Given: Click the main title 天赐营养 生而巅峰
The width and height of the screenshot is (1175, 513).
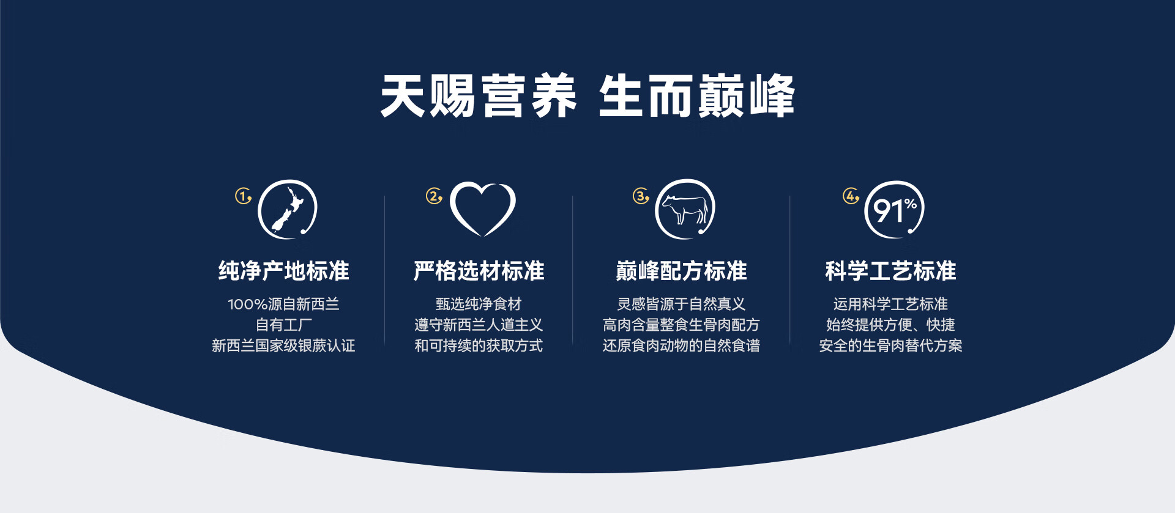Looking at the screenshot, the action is tap(587, 96).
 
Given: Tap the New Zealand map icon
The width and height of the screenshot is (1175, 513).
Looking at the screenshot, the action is tap(287, 209).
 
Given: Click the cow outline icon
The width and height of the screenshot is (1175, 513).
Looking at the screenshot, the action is tap(685, 209).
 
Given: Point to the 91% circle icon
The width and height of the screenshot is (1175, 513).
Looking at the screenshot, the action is tap(894, 210).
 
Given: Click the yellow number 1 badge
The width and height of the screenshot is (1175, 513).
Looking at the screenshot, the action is tap(244, 196).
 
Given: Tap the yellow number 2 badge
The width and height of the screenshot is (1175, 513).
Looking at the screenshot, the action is tap(434, 196).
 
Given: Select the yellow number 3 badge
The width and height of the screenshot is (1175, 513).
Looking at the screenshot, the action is tap(641, 196).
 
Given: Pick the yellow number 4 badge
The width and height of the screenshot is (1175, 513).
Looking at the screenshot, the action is tap(851, 196).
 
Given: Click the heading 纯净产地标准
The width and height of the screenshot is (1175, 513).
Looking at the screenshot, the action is tap(284, 271).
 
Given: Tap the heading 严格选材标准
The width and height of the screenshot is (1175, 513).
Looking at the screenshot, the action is tap(479, 271).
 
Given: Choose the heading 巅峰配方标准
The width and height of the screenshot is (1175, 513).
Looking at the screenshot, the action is tap(681, 271).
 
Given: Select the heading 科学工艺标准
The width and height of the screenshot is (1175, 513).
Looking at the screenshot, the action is tap(890, 271).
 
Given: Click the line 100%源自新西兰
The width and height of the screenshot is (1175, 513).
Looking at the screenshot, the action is tap(283, 304).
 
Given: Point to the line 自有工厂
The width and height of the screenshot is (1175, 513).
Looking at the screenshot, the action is tap(283, 325).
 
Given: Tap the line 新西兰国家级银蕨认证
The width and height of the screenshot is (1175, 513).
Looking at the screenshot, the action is tap(283, 345).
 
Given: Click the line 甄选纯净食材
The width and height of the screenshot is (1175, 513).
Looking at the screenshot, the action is tap(479, 304).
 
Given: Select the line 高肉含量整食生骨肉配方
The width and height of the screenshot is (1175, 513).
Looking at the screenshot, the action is tap(681, 325).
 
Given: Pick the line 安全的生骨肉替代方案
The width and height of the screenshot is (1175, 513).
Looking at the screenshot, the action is tap(890, 345).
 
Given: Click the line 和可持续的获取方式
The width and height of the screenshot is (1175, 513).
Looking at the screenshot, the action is tap(479, 345).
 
